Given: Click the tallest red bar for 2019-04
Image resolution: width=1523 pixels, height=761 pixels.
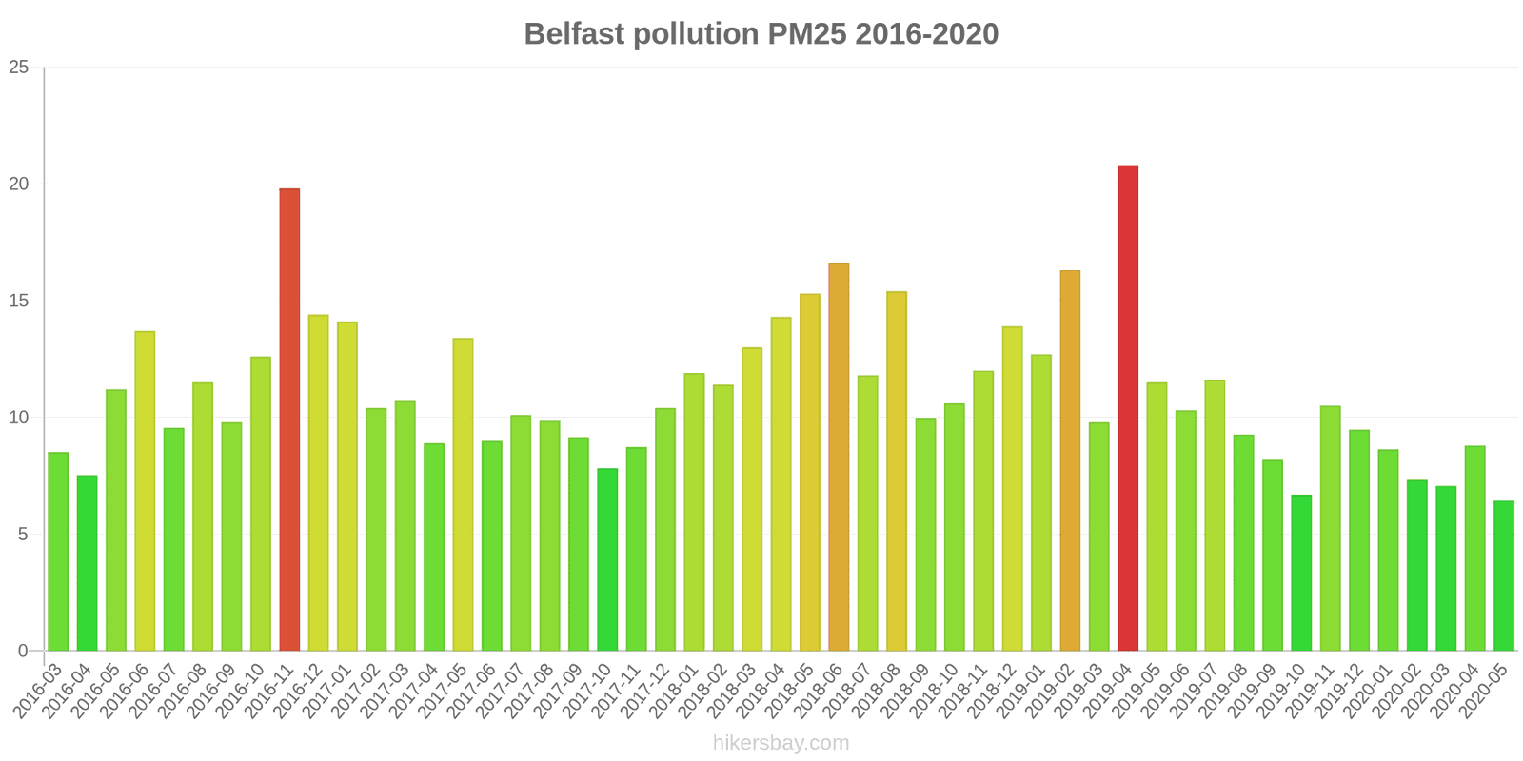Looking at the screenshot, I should click(x=1127, y=409).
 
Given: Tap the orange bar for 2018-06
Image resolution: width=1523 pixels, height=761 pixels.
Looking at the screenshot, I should click(x=839, y=458).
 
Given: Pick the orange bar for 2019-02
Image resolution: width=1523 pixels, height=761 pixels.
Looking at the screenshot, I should click(x=1070, y=461).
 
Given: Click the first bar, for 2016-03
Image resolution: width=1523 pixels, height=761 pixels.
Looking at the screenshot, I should click(x=58, y=552).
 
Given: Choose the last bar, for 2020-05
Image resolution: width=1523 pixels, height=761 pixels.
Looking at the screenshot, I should click(x=1503, y=576).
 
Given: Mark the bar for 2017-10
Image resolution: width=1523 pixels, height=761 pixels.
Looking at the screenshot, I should click(x=607, y=560).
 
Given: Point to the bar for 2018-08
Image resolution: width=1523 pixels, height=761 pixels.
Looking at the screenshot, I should click(x=897, y=472).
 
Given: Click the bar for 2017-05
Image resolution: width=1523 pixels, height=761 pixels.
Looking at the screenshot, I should click(x=463, y=495).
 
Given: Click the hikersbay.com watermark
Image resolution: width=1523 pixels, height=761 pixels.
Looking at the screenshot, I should click(x=781, y=743).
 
